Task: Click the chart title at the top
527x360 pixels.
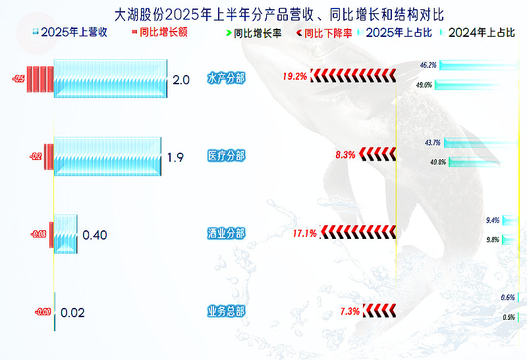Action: (x=279, y=14)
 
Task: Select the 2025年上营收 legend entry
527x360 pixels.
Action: (x=70, y=32)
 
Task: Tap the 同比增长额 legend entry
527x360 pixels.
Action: (x=159, y=32)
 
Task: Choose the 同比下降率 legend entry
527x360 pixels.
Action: (x=324, y=34)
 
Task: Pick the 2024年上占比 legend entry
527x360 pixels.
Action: (x=477, y=32)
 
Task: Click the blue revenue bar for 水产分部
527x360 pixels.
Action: (x=110, y=78)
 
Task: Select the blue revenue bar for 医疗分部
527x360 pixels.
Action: (x=107, y=157)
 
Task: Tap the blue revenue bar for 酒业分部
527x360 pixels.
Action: (x=65, y=234)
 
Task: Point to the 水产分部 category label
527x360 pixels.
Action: (x=226, y=78)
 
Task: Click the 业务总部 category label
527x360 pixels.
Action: (x=226, y=311)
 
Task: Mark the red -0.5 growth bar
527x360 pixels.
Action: (x=40, y=79)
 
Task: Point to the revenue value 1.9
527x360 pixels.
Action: (x=175, y=157)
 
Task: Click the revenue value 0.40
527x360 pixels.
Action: (x=95, y=235)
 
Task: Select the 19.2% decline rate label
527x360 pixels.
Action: (x=294, y=76)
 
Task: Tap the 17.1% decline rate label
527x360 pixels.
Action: (x=305, y=234)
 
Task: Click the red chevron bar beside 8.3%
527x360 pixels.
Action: (x=377, y=154)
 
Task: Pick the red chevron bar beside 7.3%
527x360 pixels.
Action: (x=379, y=311)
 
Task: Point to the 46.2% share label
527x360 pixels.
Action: (x=428, y=64)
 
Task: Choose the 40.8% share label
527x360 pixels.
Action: (x=438, y=162)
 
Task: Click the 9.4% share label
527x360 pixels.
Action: (x=493, y=220)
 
